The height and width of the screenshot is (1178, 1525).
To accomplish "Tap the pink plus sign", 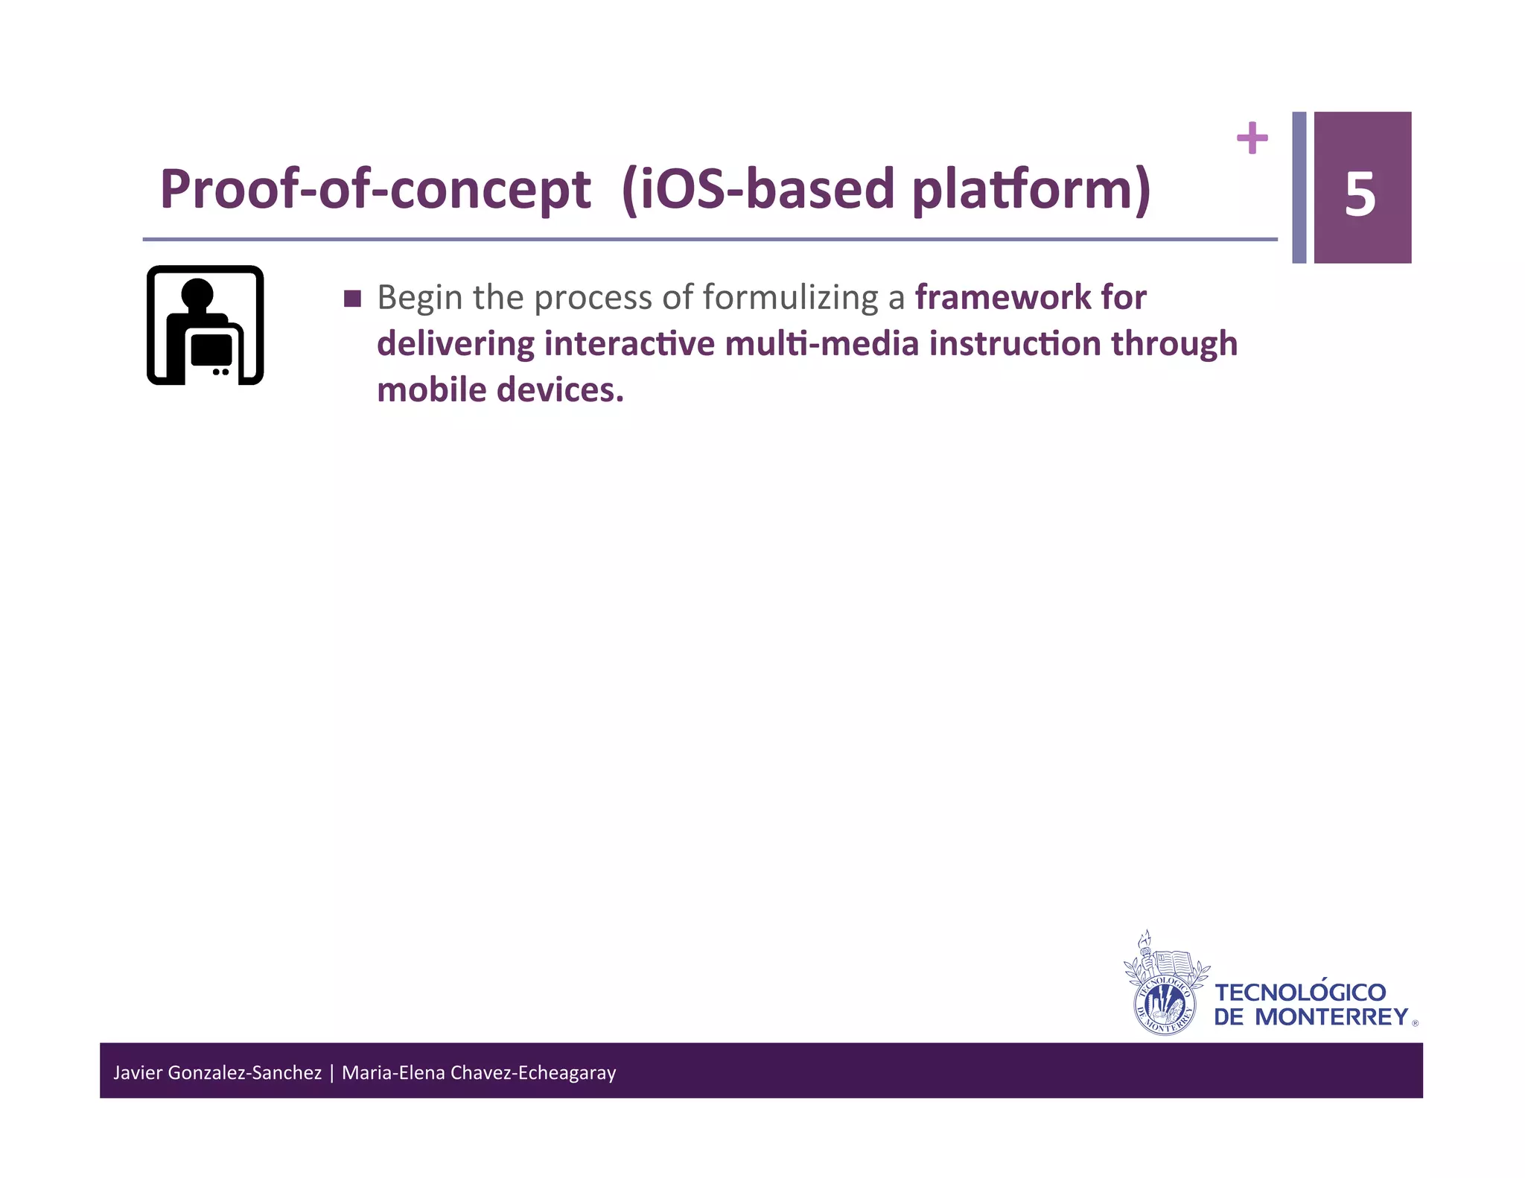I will [x=1252, y=138].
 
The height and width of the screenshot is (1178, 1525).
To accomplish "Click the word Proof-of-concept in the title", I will [x=375, y=189].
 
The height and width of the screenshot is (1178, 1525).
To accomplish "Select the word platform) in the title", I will [x=1031, y=189].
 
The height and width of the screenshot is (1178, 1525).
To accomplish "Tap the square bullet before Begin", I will [x=353, y=299].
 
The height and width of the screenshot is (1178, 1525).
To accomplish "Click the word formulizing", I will [x=791, y=298].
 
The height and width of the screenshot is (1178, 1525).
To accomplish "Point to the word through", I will [x=1174, y=344].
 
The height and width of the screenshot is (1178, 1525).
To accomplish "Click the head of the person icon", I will [x=197, y=293].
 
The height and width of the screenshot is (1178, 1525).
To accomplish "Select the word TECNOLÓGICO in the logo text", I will [x=1300, y=993].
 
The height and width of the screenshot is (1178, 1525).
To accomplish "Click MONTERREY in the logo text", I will [x=1331, y=1017].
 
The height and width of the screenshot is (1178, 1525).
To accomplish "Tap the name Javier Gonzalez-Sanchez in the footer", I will [x=217, y=1072].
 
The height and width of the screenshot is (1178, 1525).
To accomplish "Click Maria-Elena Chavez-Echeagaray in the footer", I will [x=479, y=1072].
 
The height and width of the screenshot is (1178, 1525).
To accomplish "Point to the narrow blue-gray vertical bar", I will [x=1299, y=187].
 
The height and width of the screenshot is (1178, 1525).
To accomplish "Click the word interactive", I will [x=629, y=344].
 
